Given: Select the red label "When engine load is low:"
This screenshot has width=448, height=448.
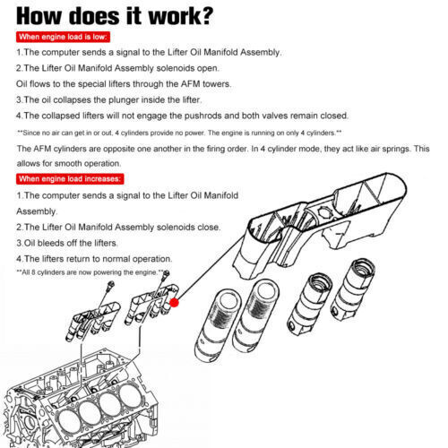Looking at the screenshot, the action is pos(63,37).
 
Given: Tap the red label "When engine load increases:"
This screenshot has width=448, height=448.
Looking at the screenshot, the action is pos(70,179).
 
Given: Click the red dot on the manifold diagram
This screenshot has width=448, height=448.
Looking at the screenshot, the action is pos(174,303).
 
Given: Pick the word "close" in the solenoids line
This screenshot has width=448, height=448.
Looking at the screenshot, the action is pos(209,227).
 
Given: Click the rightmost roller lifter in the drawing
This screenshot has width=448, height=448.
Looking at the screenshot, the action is pos(353,289).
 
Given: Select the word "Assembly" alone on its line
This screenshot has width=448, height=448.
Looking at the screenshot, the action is pos(36,211).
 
